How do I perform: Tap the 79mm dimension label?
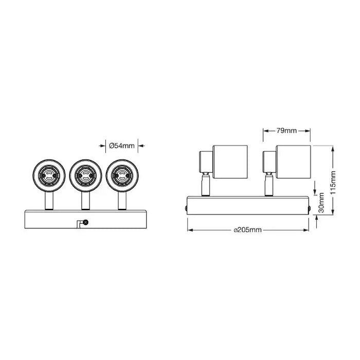[x=287, y=131]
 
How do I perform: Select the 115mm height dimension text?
[x=334, y=180]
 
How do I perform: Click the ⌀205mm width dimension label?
[x=248, y=230]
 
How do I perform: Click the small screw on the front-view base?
[x=85, y=222]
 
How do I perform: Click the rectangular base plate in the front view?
[x=85, y=219]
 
